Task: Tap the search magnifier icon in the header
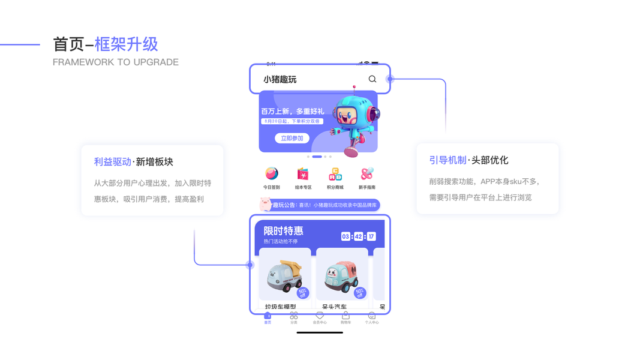pos(372,79)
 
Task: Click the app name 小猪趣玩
pos(280,79)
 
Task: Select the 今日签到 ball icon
pos(272,174)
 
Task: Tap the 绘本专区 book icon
pos(303,174)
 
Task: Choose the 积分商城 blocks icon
pos(335,174)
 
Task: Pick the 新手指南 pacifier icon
pos(366,174)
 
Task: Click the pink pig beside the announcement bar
pos(265,204)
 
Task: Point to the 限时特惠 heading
pos(284,231)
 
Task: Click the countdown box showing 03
pos(345,236)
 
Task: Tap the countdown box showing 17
pos(371,236)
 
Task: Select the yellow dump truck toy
pos(284,277)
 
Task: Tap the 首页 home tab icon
pos(268,316)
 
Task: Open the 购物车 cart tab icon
pos(345,316)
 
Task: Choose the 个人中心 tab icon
pos(372,316)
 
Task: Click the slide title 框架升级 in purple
pos(127,44)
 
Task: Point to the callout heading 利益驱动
pos(112,161)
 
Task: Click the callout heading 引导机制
pos(447,160)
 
